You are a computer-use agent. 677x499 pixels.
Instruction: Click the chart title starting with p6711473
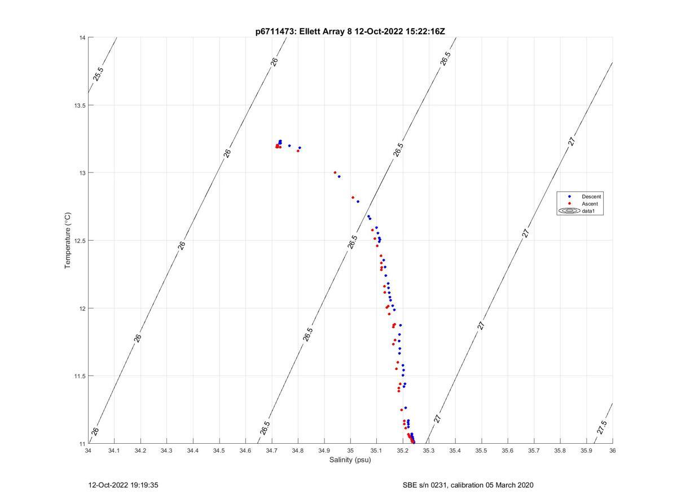point(350,32)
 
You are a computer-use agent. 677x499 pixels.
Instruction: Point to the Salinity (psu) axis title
point(350,460)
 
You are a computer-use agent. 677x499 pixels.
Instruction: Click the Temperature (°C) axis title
point(67,240)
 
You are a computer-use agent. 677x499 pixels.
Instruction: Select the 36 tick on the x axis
point(612,451)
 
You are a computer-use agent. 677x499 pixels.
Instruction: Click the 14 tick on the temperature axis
point(82,38)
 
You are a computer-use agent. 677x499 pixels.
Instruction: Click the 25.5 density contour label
point(98,74)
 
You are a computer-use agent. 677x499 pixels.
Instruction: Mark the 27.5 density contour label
point(601,427)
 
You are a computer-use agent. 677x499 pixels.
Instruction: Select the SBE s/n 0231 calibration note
point(468,485)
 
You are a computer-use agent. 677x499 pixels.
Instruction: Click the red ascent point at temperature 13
point(335,173)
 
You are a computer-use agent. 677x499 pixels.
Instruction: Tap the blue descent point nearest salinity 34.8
point(300,148)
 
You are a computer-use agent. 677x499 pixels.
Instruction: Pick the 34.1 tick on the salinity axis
point(115,451)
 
